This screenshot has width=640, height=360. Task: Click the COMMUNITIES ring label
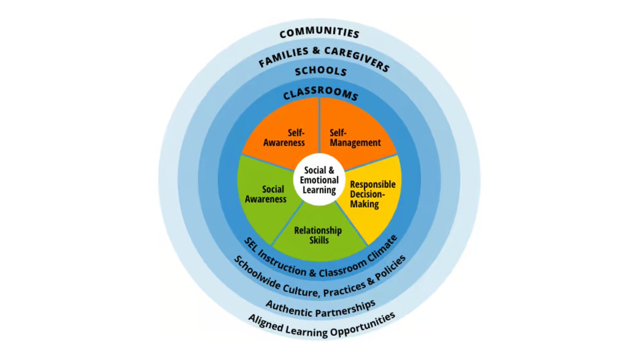pyautogui.click(x=319, y=33)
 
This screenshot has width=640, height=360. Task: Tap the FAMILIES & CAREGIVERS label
pyautogui.click(x=324, y=56)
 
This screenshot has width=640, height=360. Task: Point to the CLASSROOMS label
pyautogui.click(x=320, y=95)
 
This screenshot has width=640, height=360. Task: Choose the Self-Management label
pyautogui.click(x=355, y=138)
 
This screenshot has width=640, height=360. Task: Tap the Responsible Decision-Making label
pyautogui.click(x=373, y=194)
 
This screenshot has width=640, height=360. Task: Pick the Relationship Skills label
pyautogui.click(x=318, y=235)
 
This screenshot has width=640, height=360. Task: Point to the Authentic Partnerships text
pyautogui.click(x=320, y=305)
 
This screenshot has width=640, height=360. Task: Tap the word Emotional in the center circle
pyautogui.click(x=319, y=180)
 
